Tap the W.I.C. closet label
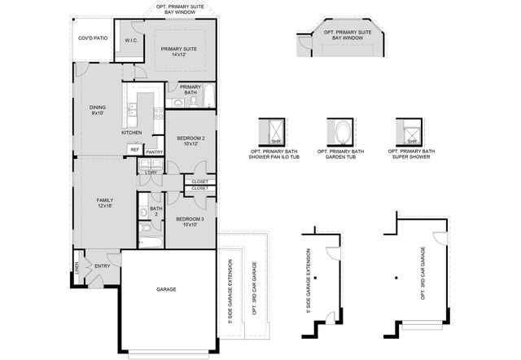[x=131, y=40]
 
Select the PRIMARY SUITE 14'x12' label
[x=179, y=52]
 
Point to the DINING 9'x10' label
[x=99, y=110]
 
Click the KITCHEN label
[x=132, y=132]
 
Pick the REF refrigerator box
[x=134, y=149]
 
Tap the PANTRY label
[x=154, y=151]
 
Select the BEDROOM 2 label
[x=190, y=142]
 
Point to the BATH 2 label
[x=155, y=212]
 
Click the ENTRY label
[x=103, y=266]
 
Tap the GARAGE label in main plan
[x=166, y=289]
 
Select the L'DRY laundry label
[x=151, y=173]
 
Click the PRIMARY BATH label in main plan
[x=190, y=89]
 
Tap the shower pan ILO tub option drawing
[x=274, y=131]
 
